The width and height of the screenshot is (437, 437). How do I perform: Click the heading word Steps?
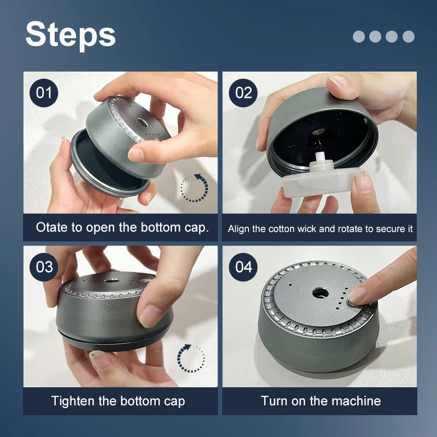click(x=70, y=36)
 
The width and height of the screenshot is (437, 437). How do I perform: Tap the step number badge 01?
click(x=44, y=93)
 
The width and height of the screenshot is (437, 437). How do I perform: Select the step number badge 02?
click(x=243, y=93)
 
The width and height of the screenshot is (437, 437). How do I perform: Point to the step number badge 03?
click(x=44, y=267)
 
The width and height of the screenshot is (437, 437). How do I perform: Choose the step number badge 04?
click(x=243, y=267)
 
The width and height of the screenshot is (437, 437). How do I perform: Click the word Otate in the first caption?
click(x=52, y=227)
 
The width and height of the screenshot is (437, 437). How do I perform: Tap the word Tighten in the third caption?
click(x=73, y=401)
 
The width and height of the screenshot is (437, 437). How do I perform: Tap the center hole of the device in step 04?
click(x=320, y=293)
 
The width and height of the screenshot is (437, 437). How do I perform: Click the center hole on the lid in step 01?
click(x=143, y=122)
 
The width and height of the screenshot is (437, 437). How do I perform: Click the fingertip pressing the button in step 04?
click(x=356, y=296)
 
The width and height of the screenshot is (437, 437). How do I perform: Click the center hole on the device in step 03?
click(x=111, y=280)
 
